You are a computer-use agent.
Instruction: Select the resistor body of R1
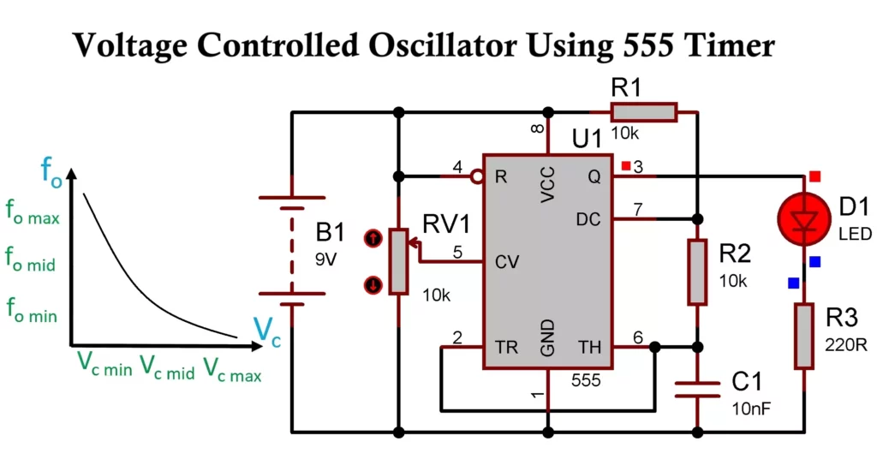[x=643, y=112]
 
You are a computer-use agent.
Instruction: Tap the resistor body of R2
[x=698, y=272]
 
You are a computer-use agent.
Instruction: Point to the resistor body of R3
[x=803, y=336]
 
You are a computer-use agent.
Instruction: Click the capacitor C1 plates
[x=698, y=390]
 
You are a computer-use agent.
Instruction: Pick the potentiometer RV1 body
[x=398, y=261]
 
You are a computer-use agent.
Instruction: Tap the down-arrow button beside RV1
[x=373, y=284]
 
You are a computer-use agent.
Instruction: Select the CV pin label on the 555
[x=507, y=262]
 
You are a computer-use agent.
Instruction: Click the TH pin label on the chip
[x=590, y=348]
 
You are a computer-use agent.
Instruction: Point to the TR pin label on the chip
[x=506, y=348]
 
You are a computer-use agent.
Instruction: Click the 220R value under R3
[x=842, y=347]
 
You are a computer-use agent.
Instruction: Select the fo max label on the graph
[x=33, y=216]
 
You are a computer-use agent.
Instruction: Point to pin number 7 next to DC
[x=636, y=209]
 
